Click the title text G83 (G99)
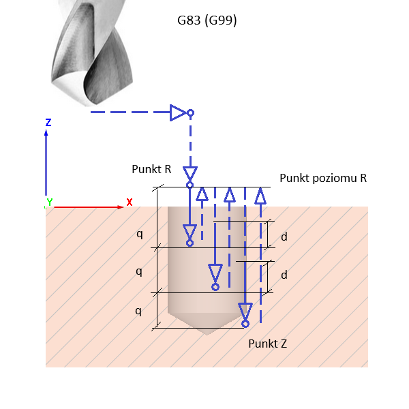203,20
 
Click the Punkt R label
151,169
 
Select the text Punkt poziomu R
323,178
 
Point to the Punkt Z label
267,344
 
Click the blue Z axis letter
48,123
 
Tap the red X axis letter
129,202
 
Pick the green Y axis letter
49,203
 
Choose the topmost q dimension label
139,233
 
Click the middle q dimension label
139,271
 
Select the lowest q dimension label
139,310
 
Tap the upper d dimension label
284,237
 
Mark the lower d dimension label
284,275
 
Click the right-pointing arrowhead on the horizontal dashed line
178,112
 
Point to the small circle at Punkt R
190,185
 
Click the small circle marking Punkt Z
245,324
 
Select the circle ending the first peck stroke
190,243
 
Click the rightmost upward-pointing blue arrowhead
260,196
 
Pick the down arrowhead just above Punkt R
190,173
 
